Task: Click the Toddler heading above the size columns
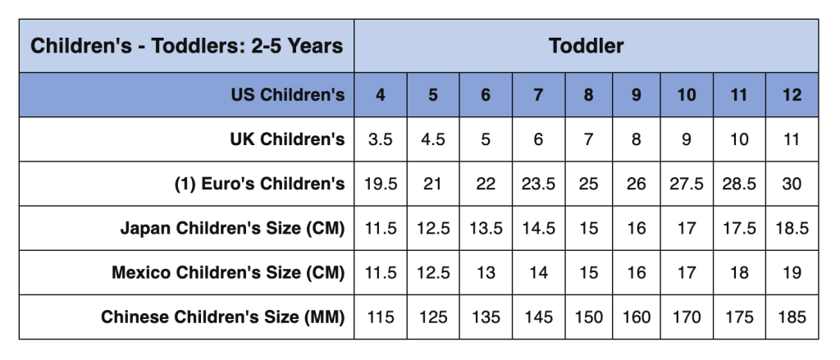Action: click(x=586, y=46)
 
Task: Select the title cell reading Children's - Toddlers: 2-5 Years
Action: click(x=187, y=46)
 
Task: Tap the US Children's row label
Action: click(x=287, y=95)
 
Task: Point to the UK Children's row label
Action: click(x=287, y=139)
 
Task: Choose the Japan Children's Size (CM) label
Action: click(x=232, y=228)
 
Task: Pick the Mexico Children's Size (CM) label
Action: click(x=228, y=272)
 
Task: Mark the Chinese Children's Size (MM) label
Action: click(x=223, y=317)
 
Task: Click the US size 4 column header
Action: click(x=381, y=95)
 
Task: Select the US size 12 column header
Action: click(x=792, y=95)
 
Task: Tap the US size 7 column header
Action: click(x=538, y=95)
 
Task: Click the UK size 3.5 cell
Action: click(x=381, y=139)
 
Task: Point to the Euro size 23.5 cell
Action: click(x=538, y=184)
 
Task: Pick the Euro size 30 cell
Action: click(x=792, y=184)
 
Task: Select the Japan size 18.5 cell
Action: click(x=792, y=228)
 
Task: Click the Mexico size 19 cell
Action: click(x=792, y=272)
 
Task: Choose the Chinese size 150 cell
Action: click(x=589, y=317)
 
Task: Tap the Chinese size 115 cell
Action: click(x=381, y=317)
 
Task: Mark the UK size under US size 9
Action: click(x=637, y=139)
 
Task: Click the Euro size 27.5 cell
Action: click(x=687, y=184)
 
